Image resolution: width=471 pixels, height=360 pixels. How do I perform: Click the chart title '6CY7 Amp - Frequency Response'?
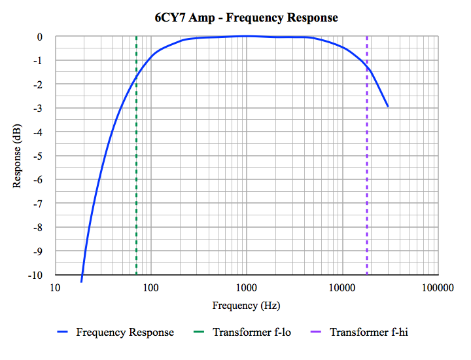pos(247,18)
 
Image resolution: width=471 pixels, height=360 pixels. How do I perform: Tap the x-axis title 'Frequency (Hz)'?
pos(247,306)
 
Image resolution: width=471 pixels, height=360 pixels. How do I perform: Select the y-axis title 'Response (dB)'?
pos(17,156)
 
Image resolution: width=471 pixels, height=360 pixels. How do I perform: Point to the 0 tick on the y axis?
pos(40,37)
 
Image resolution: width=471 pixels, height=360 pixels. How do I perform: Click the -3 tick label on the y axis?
pos(37,109)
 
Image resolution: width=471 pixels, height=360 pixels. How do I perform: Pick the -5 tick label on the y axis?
pos(37,156)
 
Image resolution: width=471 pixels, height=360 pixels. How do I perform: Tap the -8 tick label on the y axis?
pos(37,228)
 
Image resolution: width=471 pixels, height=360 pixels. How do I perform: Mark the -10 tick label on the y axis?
pos(35,276)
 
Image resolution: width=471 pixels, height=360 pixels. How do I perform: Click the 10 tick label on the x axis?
pos(55,288)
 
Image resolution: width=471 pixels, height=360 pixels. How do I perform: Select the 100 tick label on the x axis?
pos(151,288)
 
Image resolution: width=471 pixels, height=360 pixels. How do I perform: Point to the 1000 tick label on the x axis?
pos(247,288)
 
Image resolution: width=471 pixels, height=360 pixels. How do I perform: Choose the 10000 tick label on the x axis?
pos(342,288)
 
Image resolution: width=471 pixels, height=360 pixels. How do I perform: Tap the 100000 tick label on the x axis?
pos(438,288)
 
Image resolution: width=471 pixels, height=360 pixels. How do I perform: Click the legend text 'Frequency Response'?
pos(125,332)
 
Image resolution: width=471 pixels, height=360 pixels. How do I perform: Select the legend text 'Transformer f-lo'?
pos(252,332)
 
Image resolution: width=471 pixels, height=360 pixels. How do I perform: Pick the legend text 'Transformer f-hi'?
pos(369,332)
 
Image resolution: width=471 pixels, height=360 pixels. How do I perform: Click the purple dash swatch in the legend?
pos(316,332)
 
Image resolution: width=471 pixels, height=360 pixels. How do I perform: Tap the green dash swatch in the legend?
pos(199,332)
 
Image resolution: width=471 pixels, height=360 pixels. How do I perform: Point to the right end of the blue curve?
pos(388,107)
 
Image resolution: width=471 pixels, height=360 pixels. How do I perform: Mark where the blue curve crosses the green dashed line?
pos(136,77)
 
